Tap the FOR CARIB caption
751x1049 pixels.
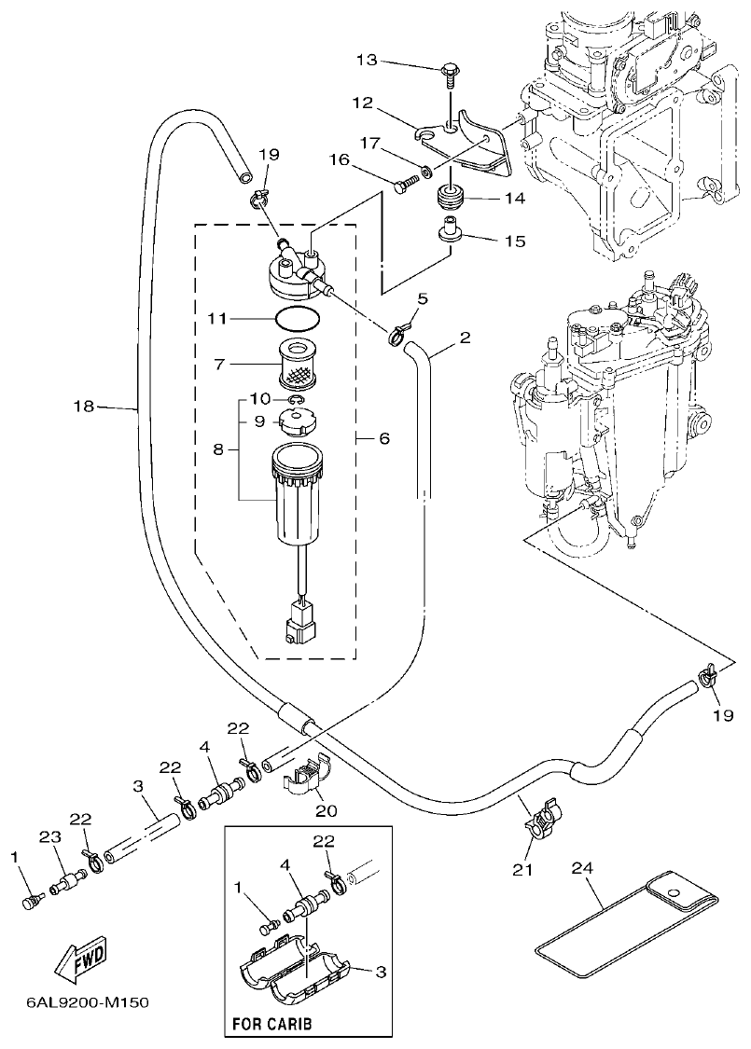pyautogui.click(x=271, y=1023)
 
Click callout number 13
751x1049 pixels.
pyautogui.click(x=369, y=62)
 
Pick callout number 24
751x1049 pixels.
pyautogui.click(x=581, y=867)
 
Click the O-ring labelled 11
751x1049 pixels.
pyautogui.click(x=296, y=319)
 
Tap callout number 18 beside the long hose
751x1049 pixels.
pyautogui.click(x=83, y=406)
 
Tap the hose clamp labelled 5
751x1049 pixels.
pyautogui.click(x=398, y=329)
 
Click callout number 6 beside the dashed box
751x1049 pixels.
pyautogui.click(x=383, y=437)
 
